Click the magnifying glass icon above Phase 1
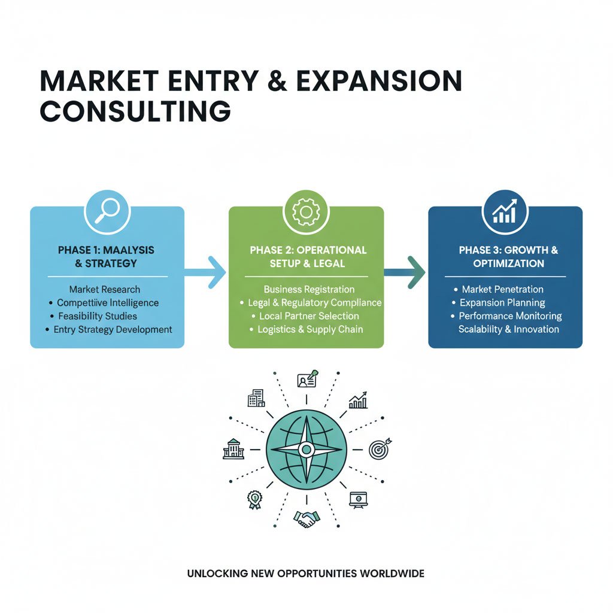coord(107,211)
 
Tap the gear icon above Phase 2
coord(306,211)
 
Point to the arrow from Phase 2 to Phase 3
coord(405,272)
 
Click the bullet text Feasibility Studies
coord(98,316)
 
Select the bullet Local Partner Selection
coord(309,316)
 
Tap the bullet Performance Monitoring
coord(510,316)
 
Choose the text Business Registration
coord(309,290)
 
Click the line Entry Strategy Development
coord(113,329)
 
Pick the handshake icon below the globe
coord(306,518)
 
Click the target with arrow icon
coord(379,449)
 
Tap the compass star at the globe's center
coord(306,449)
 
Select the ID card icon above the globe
coord(306,380)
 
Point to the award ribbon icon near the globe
coord(255,500)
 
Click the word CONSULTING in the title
coord(135,111)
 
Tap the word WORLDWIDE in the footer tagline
coord(392,573)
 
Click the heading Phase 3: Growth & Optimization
coord(508,257)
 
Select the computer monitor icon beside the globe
coord(359,499)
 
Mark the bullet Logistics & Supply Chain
coord(310,329)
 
